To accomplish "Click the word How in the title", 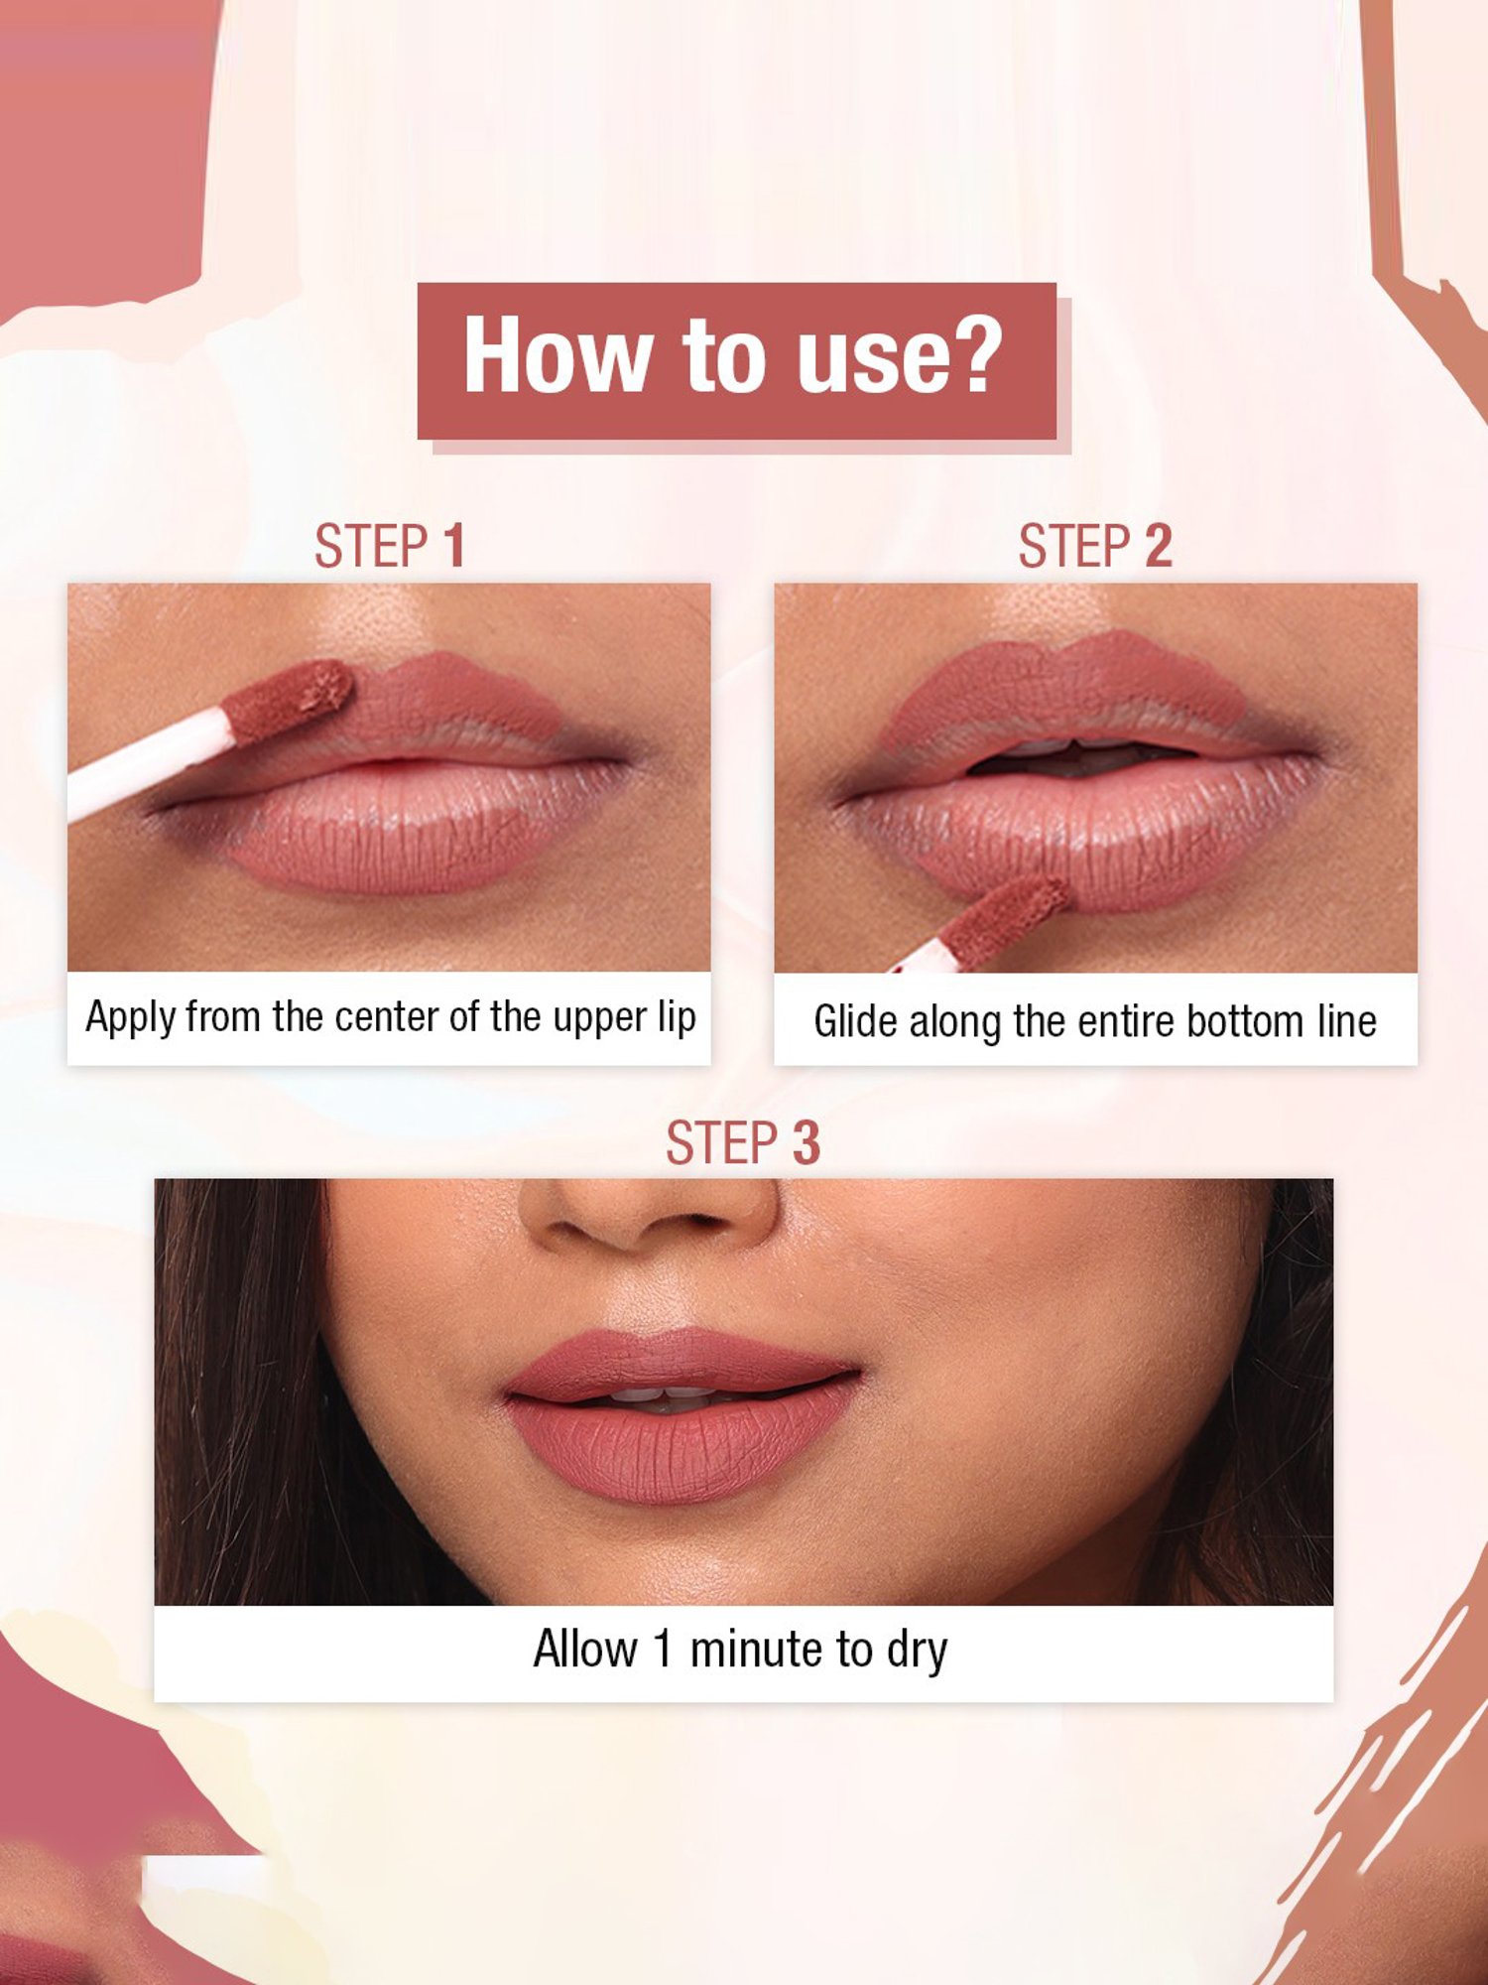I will [x=556, y=355].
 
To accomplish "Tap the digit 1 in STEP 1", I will [x=454, y=547].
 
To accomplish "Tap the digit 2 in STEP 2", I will [x=1159, y=547].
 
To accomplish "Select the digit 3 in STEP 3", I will [x=806, y=1143].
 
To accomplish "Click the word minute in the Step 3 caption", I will [x=757, y=1650].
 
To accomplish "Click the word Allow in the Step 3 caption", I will [x=584, y=1650].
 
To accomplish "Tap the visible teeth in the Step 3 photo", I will [x=663, y=1395].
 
